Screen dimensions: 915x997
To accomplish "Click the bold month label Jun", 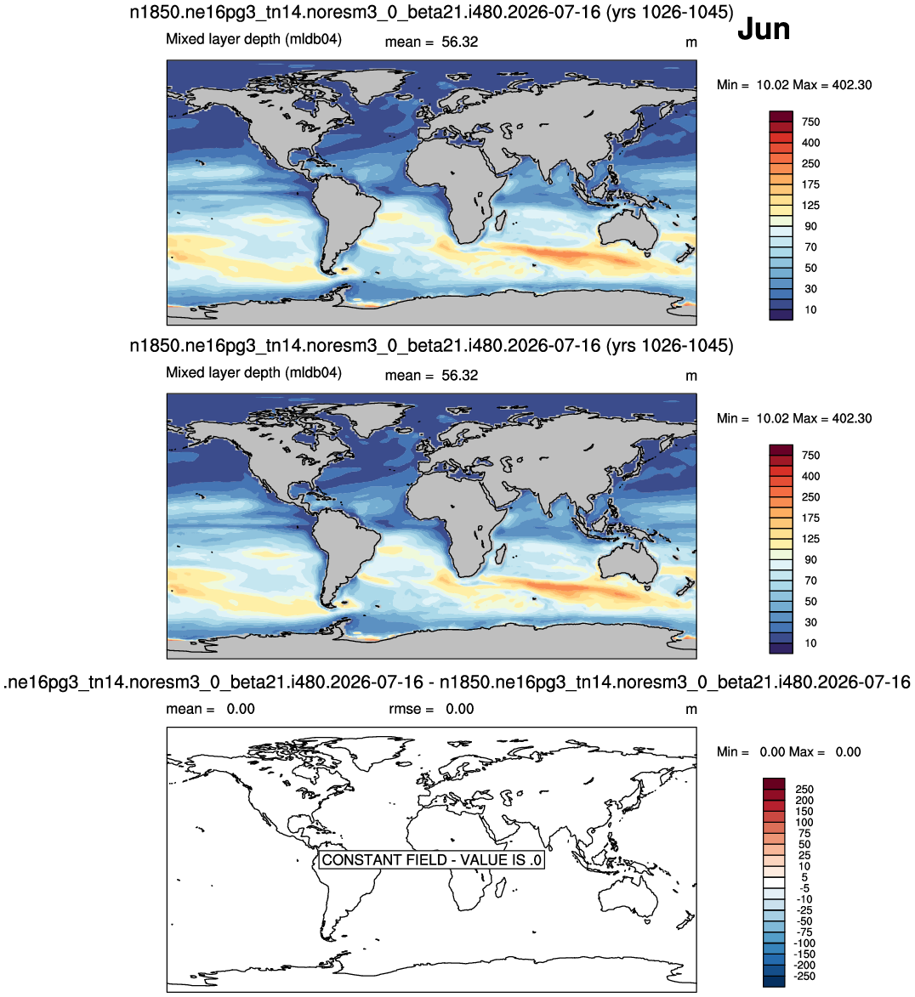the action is pyautogui.click(x=763, y=29).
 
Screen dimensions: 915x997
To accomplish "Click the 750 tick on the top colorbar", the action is pyautogui.click(x=810, y=122).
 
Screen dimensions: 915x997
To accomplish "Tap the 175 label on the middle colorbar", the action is pyautogui.click(x=810, y=518).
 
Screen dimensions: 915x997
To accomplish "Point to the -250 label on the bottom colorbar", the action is pyautogui.click(x=805, y=976).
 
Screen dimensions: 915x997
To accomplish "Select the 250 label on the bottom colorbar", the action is pyautogui.click(x=804, y=789).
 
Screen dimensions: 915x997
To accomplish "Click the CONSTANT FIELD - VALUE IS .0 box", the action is pyautogui.click(x=431, y=859).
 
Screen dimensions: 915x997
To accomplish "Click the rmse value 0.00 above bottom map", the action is pyautogui.click(x=459, y=709).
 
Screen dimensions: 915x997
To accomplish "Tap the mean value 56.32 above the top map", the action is pyautogui.click(x=459, y=42).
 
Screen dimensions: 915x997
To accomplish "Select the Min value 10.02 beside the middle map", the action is pyautogui.click(x=775, y=418).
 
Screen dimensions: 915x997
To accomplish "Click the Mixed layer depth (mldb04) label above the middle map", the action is pyautogui.click(x=254, y=372).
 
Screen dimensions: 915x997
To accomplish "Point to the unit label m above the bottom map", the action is pyautogui.click(x=691, y=710).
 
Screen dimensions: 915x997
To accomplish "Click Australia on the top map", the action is pyautogui.click(x=628, y=229).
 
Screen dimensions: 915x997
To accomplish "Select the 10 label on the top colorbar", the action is pyautogui.click(x=810, y=309).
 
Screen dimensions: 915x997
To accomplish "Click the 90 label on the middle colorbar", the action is pyautogui.click(x=810, y=559).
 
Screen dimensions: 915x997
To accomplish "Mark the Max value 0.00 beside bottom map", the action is pyautogui.click(x=848, y=752).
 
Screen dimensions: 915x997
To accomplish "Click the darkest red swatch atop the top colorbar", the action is pyautogui.click(x=781, y=116).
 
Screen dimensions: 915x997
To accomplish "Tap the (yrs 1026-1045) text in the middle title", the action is pyautogui.click(x=669, y=346).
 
